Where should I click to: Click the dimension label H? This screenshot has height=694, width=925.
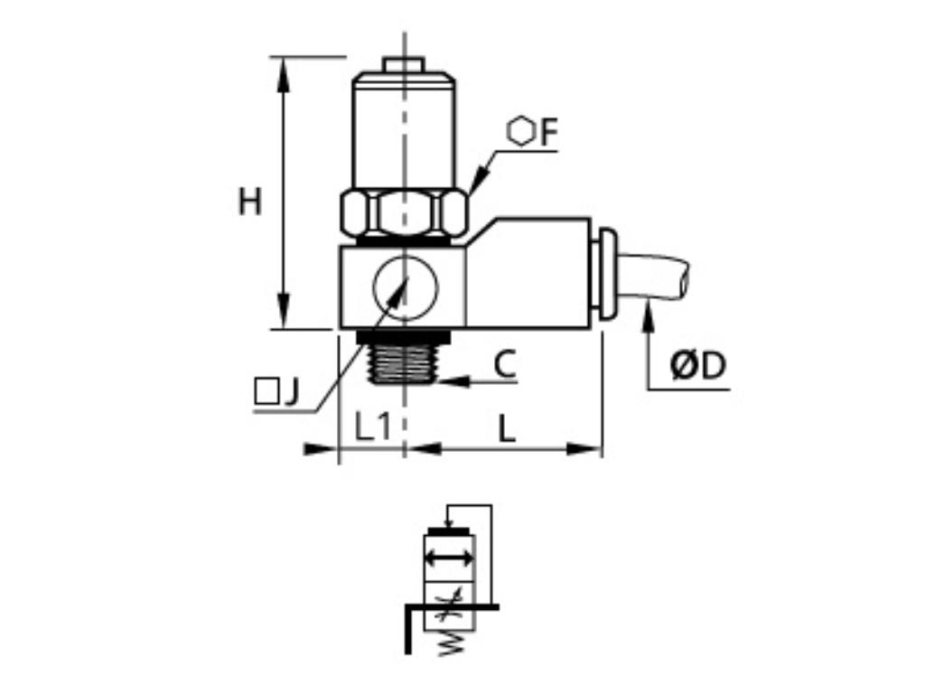250,202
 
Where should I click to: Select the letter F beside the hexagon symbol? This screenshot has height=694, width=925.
549,133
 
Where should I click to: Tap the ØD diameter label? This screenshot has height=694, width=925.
697,366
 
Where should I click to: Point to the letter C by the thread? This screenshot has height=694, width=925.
505,364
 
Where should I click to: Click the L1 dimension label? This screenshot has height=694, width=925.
372,427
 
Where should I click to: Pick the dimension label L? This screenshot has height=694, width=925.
507,428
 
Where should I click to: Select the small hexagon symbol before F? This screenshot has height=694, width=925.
520,132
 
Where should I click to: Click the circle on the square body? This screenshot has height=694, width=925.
404,288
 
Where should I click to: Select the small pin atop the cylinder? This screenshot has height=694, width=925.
404,64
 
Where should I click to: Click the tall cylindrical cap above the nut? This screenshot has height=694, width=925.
404,131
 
